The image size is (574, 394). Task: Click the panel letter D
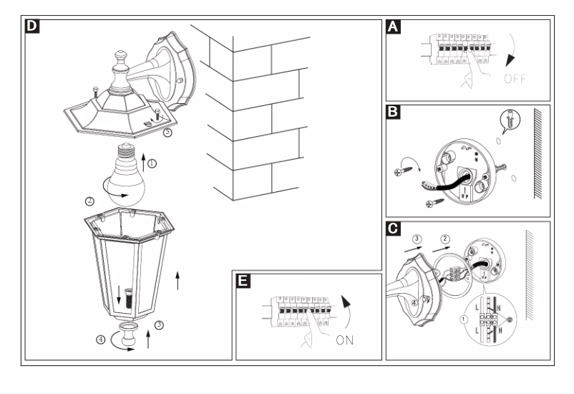click(33, 27)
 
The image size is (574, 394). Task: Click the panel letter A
click(392, 27)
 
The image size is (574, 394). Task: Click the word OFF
click(514, 79)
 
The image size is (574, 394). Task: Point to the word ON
click(345, 340)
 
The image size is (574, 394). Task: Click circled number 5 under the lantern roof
click(167, 133)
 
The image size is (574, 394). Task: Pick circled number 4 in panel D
click(101, 341)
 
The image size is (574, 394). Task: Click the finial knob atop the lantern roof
click(120, 56)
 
